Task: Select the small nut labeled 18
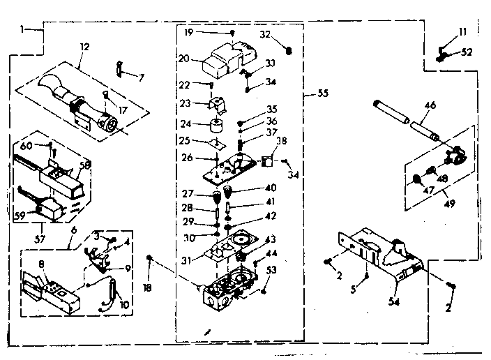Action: coord(150,260)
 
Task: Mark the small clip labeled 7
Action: coord(119,68)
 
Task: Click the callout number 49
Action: coord(432,204)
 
